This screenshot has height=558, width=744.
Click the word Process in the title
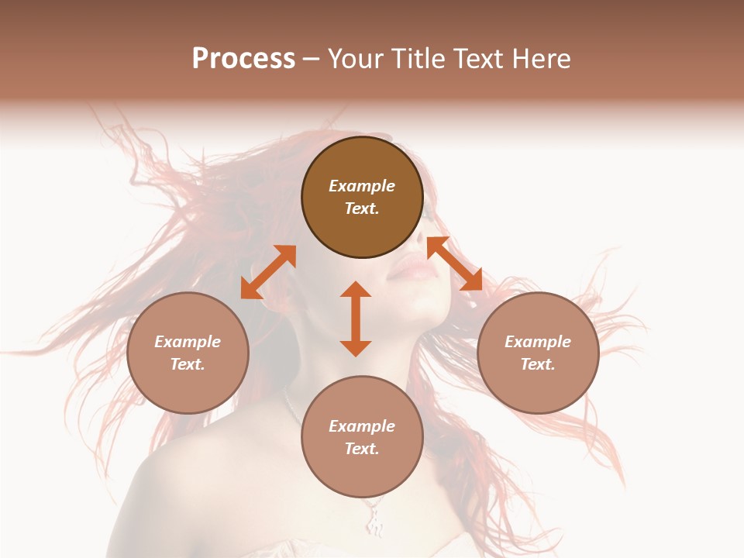(x=243, y=58)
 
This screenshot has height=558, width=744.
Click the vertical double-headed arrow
(x=356, y=319)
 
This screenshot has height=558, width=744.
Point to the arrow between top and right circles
(x=455, y=263)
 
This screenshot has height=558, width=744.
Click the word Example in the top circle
(x=362, y=186)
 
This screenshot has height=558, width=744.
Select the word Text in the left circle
(x=188, y=364)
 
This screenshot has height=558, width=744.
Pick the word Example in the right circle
(x=538, y=342)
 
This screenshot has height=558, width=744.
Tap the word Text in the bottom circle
(x=362, y=449)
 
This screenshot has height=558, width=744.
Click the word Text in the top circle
(x=362, y=208)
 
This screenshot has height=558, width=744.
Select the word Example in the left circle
(x=188, y=342)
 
